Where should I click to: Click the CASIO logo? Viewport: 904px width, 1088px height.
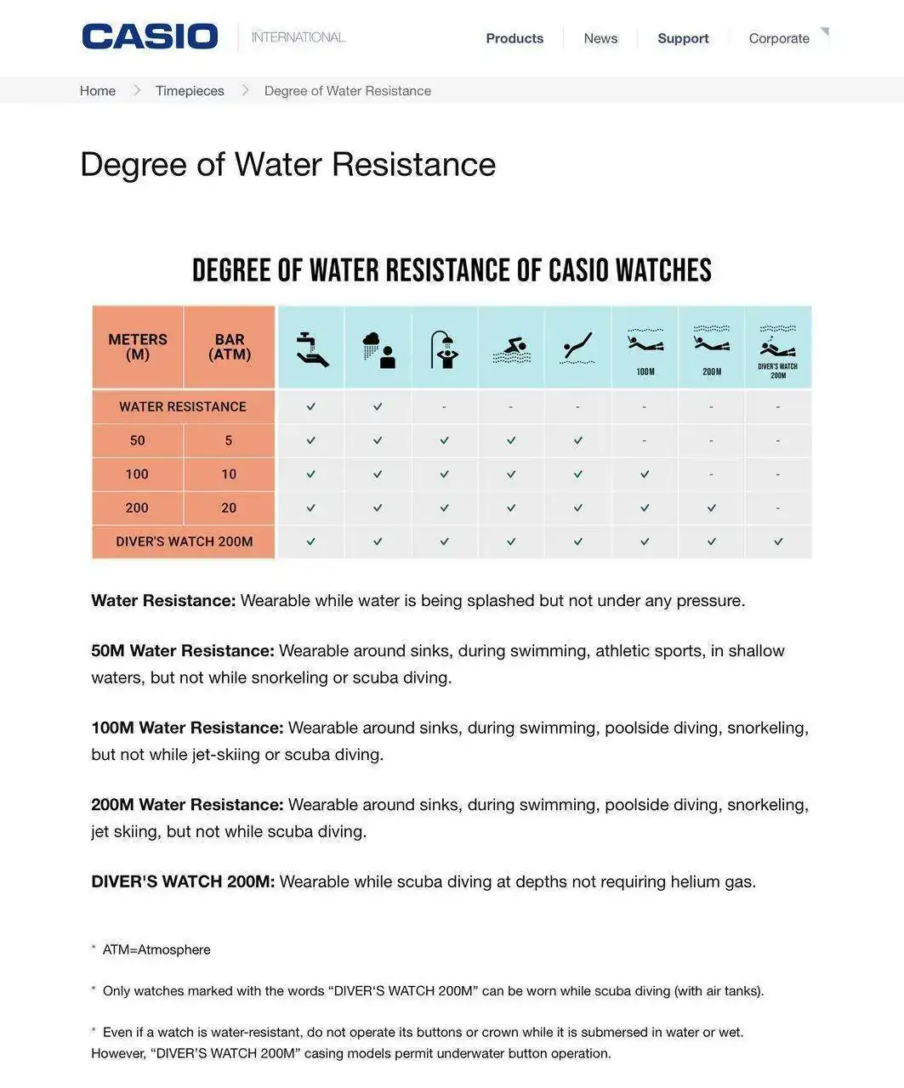pos(150,37)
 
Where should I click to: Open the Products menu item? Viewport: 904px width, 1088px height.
pos(515,38)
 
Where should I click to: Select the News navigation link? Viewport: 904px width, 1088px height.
pos(600,38)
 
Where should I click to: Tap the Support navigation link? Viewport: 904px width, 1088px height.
pos(683,38)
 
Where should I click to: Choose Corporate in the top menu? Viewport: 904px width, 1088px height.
pos(779,38)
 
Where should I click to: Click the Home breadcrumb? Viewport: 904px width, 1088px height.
pos(98,91)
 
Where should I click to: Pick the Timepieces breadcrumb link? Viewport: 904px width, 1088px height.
pos(190,91)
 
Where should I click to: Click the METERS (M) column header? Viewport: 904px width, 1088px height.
pos(138,347)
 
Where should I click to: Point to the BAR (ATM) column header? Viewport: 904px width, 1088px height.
pos(230,347)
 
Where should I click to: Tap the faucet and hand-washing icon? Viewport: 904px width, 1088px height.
pos(311,348)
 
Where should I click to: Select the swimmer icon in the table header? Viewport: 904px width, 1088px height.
pos(511,348)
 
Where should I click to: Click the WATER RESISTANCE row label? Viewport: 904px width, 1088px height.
pos(183,406)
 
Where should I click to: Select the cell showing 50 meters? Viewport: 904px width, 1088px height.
pos(138,440)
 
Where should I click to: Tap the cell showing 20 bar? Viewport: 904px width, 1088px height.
pos(229,507)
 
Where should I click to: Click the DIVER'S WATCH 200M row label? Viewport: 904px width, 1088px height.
pos(184,541)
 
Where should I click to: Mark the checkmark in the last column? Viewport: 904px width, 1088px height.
pos(778,541)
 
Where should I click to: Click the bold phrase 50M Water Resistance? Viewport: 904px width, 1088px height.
pos(183,651)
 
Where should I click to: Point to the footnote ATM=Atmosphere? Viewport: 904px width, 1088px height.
pos(156,949)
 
